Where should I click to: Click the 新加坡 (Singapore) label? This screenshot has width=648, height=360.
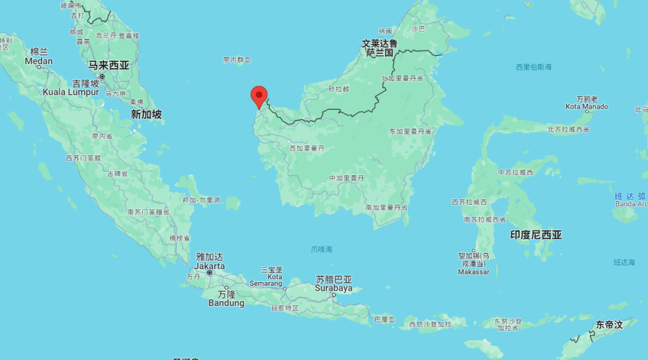point(146,114)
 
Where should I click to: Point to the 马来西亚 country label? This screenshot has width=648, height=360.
point(109,65)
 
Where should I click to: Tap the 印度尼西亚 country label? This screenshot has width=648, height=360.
point(536,235)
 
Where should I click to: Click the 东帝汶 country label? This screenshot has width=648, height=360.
point(609,325)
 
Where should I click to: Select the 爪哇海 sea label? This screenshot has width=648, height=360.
point(322,249)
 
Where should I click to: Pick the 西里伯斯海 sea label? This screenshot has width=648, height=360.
point(533,67)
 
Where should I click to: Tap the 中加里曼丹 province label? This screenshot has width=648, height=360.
point(347,178)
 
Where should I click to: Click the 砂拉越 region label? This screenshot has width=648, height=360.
point(338,89)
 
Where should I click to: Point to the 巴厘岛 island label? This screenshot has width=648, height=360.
point(384,319)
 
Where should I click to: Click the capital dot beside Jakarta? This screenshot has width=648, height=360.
point(210,272)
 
